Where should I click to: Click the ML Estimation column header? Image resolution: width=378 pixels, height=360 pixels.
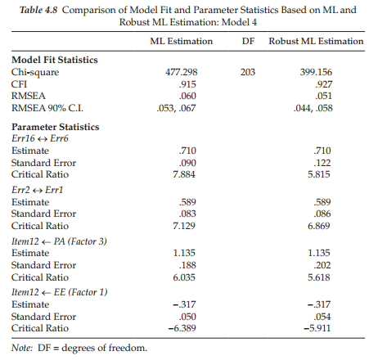point(182,41)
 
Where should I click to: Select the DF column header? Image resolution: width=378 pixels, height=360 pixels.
point(248,41)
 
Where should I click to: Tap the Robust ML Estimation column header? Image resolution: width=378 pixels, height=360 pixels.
point(316,41)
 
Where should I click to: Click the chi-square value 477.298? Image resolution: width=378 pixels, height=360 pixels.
point(182,72)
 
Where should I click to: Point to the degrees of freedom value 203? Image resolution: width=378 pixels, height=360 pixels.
point(248,72)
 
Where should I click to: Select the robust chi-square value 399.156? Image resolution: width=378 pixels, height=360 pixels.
point(316,72)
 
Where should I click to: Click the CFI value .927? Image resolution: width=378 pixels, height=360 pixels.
point(324,84)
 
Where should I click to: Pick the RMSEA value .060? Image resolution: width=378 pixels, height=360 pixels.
point(187,96)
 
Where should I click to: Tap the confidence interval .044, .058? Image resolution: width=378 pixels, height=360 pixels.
point(313,108)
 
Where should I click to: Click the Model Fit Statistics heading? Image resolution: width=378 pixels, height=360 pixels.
point(55,60)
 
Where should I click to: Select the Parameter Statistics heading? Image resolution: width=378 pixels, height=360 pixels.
point(56,127)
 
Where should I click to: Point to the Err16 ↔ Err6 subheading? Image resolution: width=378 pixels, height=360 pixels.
point(40,138)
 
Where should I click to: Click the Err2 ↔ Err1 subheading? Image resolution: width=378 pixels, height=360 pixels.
point(37,190)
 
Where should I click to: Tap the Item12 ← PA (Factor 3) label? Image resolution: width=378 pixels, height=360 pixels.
point(59,241)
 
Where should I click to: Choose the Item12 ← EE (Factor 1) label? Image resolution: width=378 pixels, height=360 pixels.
point(60,292)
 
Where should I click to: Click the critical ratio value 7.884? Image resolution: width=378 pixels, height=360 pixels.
point(184,174)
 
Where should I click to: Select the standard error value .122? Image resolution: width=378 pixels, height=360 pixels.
point(322,163)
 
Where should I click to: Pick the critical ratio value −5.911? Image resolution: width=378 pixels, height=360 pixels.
point(317,328)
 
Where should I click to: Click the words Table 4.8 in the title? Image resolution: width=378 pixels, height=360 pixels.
point(38,10)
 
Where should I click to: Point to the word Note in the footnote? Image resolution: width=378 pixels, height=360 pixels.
point(22,348)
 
